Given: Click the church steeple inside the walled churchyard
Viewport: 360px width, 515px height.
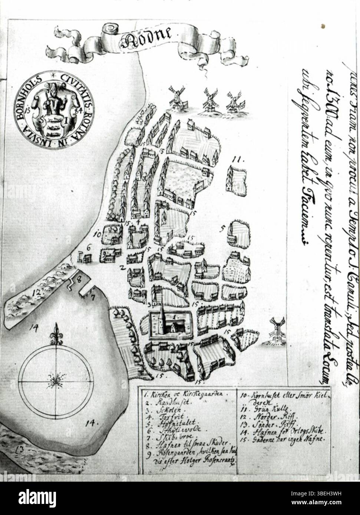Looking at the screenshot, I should click(162, 309).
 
